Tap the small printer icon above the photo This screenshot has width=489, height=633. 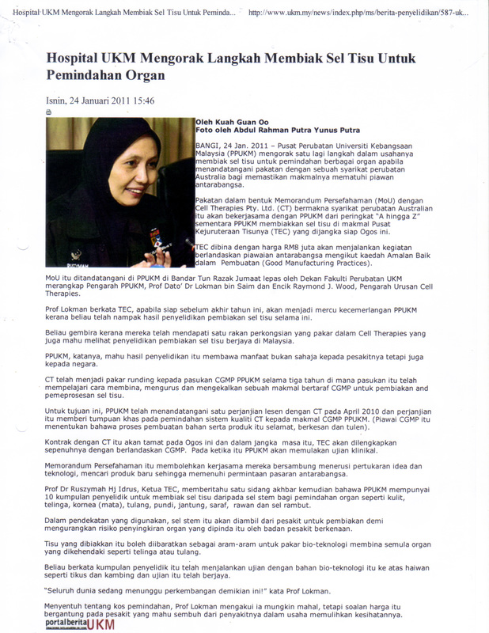[x=50, y=113]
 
